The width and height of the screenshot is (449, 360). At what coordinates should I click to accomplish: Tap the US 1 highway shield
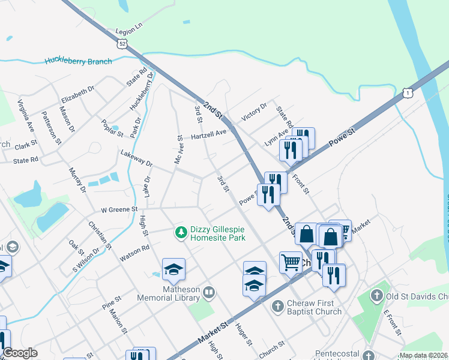click(408, 92)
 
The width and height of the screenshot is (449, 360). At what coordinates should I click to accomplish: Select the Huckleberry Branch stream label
click(78, 61)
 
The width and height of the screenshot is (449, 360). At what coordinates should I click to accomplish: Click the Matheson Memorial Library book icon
click(208, 293)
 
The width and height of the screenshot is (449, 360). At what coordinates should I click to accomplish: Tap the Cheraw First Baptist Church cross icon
click(277, 307)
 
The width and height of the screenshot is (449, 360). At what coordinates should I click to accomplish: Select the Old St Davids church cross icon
click(376, 296)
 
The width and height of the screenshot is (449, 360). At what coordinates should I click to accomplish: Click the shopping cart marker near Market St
click(290, 262)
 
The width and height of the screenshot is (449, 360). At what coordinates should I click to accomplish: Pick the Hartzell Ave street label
click(209, 136)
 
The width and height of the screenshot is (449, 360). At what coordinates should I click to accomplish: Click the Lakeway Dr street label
click(136, 159)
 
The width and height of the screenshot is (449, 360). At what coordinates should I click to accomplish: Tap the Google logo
click(20, 353)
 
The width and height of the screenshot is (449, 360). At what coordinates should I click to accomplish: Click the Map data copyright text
click(423, 356)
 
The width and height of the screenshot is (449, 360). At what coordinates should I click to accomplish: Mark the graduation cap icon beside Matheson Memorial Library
click(173, 270)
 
